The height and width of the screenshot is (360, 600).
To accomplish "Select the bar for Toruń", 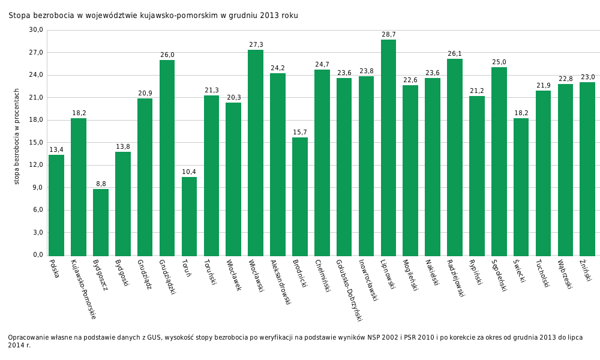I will pyautogui.click(x=189, y=216).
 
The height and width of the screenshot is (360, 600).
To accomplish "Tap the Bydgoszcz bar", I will pyautogui.click(x=101, y=222).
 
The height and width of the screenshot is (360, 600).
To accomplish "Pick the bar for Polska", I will pyautogui.click(x=56, y=205).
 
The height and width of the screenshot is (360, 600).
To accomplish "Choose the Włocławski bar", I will pyautogui.click(x=256, y=152).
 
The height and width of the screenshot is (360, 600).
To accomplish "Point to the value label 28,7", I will pyautogui.click(x=389, y=35).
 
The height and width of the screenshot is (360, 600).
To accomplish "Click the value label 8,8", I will pyautogui.click(x=101, y=184).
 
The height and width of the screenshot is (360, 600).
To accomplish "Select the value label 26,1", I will pyautogui.click(x=455, y=54).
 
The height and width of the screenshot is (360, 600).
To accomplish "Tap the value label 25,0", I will pyautogui.click(x=499, y=62).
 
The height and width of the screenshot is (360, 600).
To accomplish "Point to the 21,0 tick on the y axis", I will pyautogui.click(x=37, y=98).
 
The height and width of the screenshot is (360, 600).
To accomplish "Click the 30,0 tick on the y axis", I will pyautogui.click(x=37, y=30).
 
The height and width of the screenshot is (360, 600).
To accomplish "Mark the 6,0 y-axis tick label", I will pyautogui.click(x=37, y=210).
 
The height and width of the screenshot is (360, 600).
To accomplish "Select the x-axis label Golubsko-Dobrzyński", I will pyautogui.click(x=349, y=290).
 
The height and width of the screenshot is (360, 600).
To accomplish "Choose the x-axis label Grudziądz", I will pyautogui.click(x=144, y=274).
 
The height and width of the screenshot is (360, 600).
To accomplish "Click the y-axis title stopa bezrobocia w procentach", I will pyautogui.click(x=17, y=136).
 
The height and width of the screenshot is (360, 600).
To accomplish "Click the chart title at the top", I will pyautogui.click(x=153, y=16).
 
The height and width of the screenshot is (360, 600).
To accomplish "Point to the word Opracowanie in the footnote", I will pyautogui.click(x=28, y=338).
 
